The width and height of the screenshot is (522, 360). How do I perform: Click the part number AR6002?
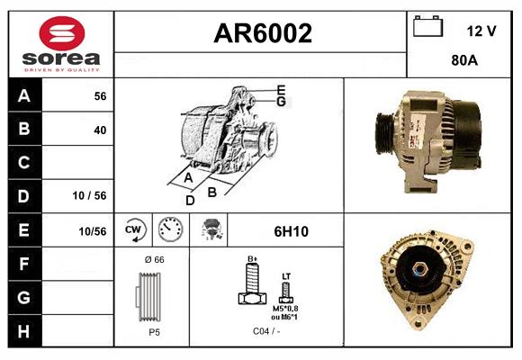tap(262, 34)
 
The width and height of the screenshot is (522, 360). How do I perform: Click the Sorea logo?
tap(60, 44)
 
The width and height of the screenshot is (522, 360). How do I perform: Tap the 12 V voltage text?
tap(481, 31)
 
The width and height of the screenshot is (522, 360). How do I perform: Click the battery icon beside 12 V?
tap(427, 26)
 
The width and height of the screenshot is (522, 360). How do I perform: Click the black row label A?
tap(23, 95)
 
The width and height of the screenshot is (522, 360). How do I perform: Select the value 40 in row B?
tap(100, 130)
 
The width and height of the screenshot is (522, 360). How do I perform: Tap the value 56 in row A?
tap(100, 95)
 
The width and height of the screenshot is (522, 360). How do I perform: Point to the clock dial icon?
tap(169, 230)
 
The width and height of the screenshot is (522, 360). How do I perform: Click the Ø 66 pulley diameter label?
tap(154, 260)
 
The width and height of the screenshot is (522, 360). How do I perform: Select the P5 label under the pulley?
tap(154, 332)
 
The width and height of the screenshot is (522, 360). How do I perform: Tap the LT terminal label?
tap(286, 275)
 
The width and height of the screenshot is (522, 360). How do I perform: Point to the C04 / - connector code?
tap(264, 332)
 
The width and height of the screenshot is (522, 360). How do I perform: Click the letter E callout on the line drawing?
tap(281, 88)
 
